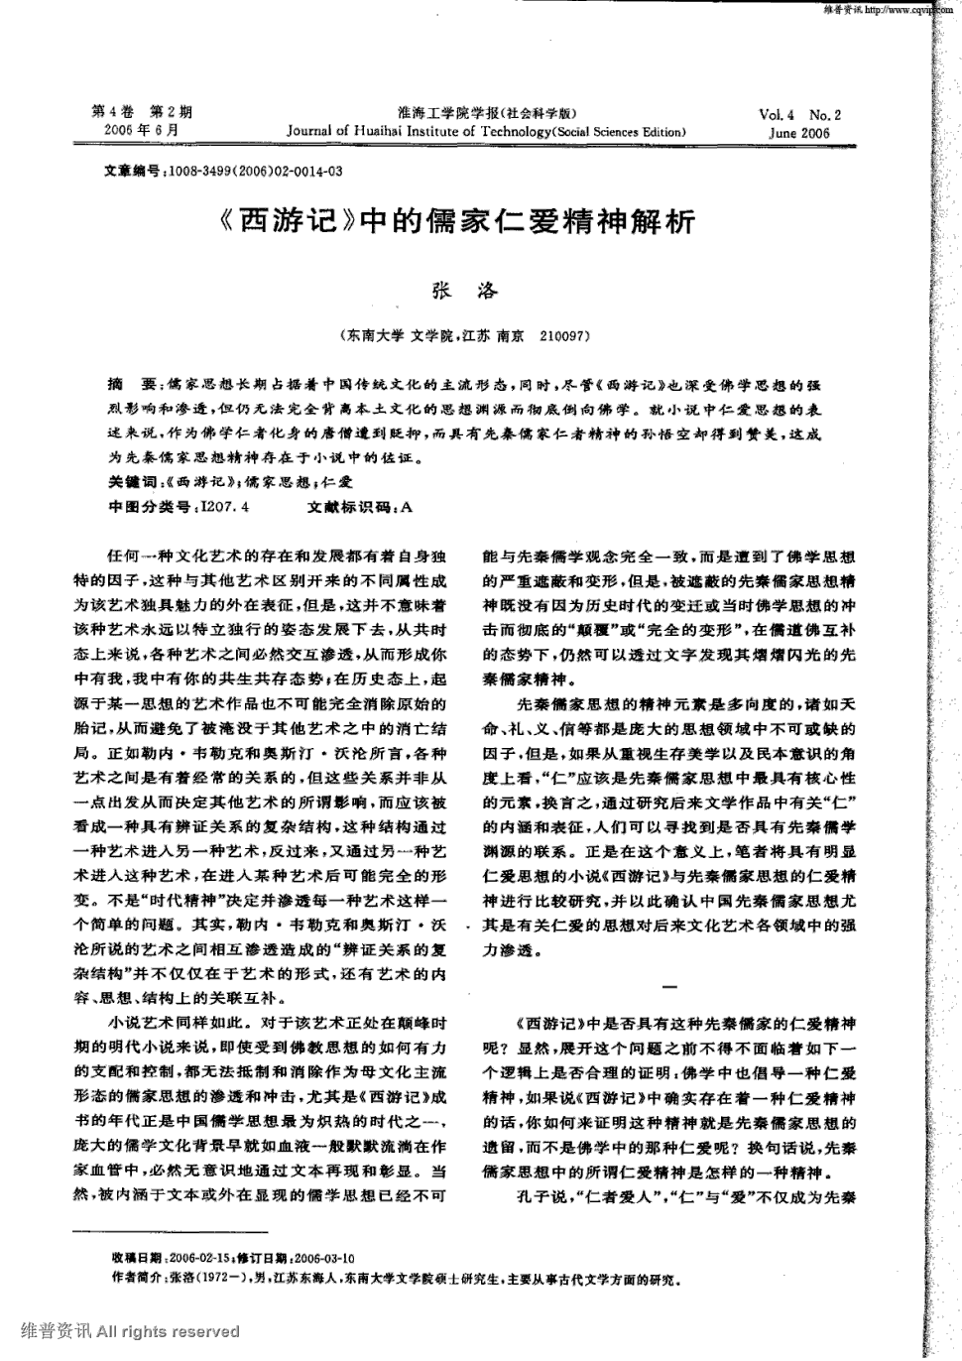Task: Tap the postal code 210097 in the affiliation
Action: pyautogui.click(x=566, y=336)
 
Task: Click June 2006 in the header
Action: pyautogui.click(x=799, y=133)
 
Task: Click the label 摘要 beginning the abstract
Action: pyautogui.click(x=130, y=384)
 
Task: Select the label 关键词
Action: pyautogui.click(x=131, y=482)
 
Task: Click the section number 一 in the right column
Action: pyautogui.click(x=668, y=986)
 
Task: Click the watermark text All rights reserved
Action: pyautogui.click(x=169, y=1331)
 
